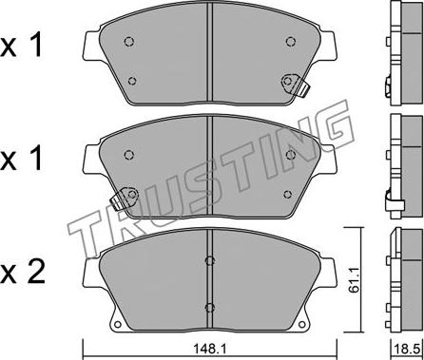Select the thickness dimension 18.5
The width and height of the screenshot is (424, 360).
(408, 350)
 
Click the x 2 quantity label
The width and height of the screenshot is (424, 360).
(22, 273)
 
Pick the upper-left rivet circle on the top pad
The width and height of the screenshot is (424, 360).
(129, 42)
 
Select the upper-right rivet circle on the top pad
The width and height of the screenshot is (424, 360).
(290, 42)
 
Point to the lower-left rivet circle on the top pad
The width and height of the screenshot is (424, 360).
(132, 81)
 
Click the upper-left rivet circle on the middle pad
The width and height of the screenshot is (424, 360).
(129, 155)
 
